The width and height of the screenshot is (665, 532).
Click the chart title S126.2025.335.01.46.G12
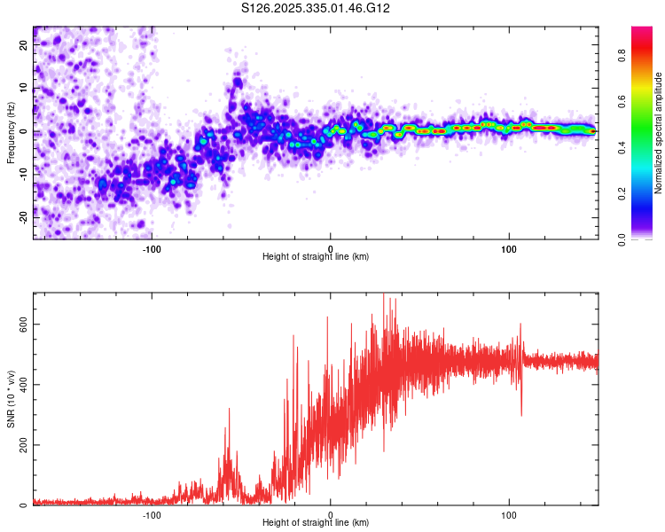317,9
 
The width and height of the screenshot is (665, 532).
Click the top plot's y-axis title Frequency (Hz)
11,132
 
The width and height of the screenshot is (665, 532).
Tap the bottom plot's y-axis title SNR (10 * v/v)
11,399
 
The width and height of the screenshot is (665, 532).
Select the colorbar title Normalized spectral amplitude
659,133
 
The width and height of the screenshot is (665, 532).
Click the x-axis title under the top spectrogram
316,256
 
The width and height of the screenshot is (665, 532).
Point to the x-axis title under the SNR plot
316,522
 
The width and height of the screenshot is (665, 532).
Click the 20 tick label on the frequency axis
24,46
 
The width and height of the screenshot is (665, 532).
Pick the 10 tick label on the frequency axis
24,89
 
